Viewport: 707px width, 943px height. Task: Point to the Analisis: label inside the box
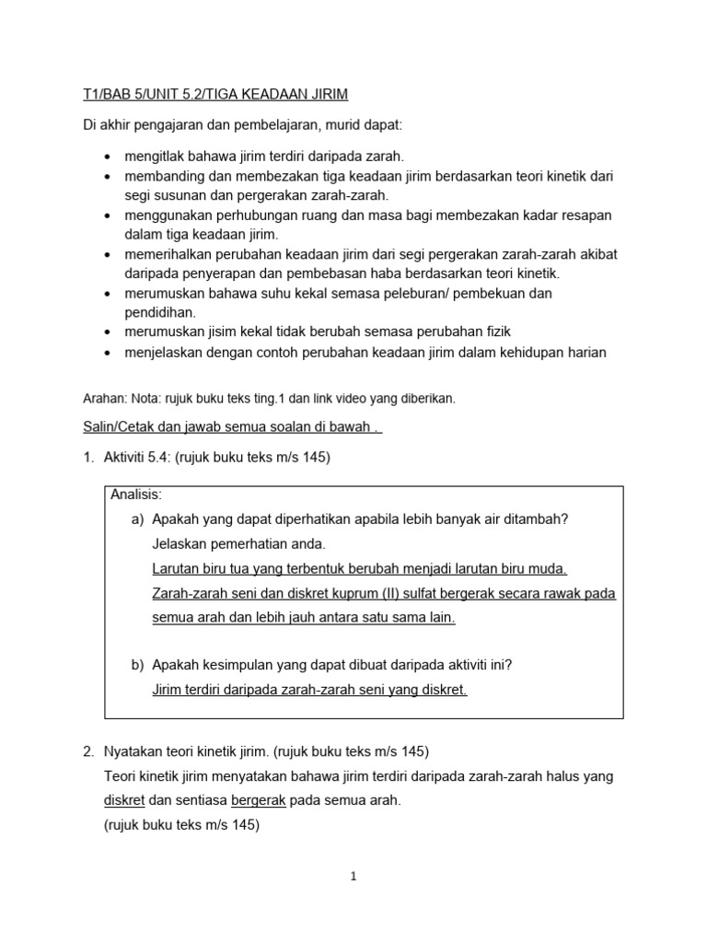point(136,495)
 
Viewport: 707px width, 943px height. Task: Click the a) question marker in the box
point(138,519)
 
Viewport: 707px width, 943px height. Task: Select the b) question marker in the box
point(138,665)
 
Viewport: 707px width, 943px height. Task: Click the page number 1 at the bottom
point(353,877)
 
